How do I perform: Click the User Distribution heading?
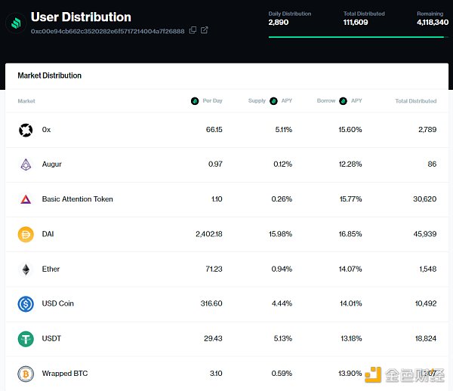point(81,17)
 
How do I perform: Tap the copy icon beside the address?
point(193,30)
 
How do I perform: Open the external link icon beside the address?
point(205,30)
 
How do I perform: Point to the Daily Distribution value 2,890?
point(278,23)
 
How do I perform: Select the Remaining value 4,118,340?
point(432,23)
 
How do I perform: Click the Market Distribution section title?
point(49,75)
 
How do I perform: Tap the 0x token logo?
point(26,130)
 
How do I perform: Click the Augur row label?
point(52,165)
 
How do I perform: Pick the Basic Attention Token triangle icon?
point(26,199)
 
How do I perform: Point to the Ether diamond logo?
point(26,269)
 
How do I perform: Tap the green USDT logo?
point(26,339)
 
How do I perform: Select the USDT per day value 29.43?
point(211,338)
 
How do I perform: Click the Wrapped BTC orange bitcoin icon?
point(26,374)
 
